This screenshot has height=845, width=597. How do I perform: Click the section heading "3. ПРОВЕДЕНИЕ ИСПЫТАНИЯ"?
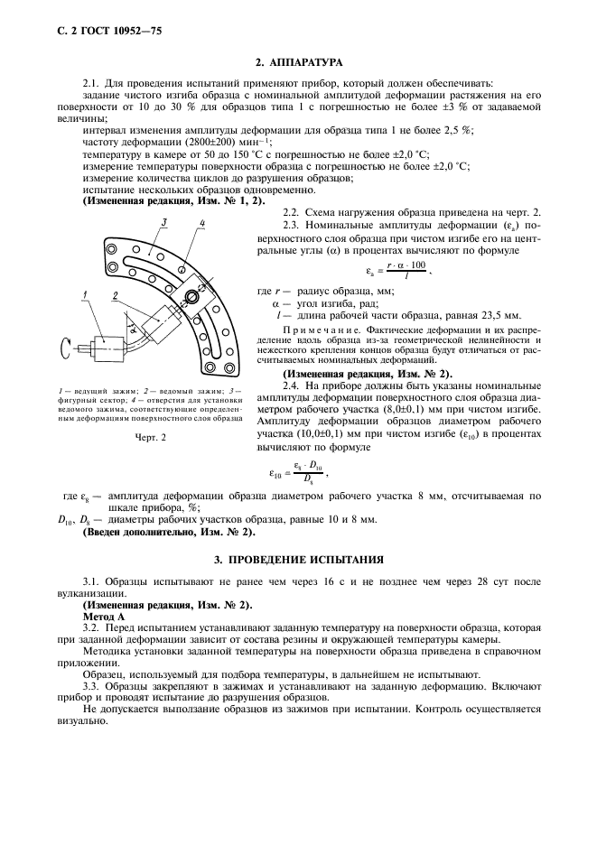click(298, 560)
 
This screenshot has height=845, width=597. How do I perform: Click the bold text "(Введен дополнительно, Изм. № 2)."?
click(167, 532)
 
